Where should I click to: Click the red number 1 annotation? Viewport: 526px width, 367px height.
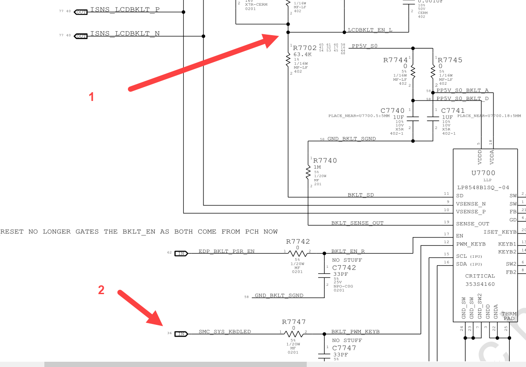coord(91,97)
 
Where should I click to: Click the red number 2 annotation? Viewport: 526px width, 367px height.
coord(101,290)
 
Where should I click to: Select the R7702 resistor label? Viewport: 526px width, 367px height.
coord(305,48)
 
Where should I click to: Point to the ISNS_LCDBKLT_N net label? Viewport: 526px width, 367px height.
coord(125,33)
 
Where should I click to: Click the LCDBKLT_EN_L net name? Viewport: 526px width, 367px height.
coord(370,30)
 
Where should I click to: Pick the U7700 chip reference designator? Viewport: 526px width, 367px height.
coord(483,173)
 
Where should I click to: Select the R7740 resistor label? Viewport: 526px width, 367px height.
coord(325,161)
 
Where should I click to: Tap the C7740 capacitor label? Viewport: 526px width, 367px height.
coord(392,111)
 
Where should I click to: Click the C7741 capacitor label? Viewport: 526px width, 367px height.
coord(453,111)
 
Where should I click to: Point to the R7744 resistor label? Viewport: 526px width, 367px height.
coord(395,60)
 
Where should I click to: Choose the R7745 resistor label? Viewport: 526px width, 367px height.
coord(450,60)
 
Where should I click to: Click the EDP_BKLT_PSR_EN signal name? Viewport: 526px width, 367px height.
coord(226,252)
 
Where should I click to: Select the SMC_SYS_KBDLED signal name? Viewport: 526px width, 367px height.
coord(225,331)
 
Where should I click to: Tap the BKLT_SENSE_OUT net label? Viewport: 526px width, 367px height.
coord(357,223)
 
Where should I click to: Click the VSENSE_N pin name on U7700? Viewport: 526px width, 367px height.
coord(471,204)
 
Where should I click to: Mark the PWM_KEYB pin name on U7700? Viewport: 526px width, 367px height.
coord(471,244)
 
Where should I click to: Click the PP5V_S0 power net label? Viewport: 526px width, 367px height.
coord(364,46)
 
